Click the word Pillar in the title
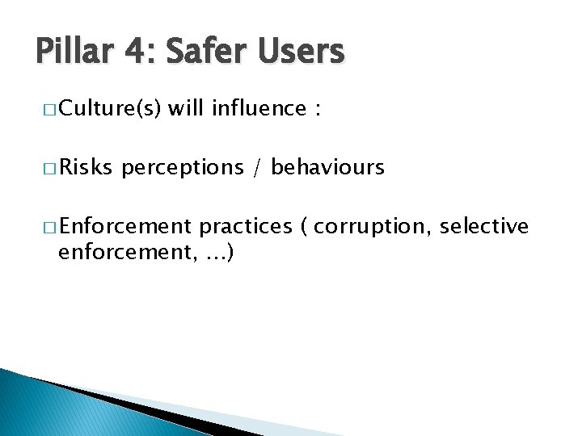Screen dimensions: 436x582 coord(72,52)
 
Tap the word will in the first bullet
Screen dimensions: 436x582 coord(186,109)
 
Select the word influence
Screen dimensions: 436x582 coord(259,109)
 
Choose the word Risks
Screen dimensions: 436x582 coord(86,167)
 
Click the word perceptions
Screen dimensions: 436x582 coord(183,168)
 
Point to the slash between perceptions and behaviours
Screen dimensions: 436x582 coord(257,168)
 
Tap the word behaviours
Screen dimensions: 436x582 coord(327,167)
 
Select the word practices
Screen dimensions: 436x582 coord(245,226)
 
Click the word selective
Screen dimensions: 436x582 coord(483,225)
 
